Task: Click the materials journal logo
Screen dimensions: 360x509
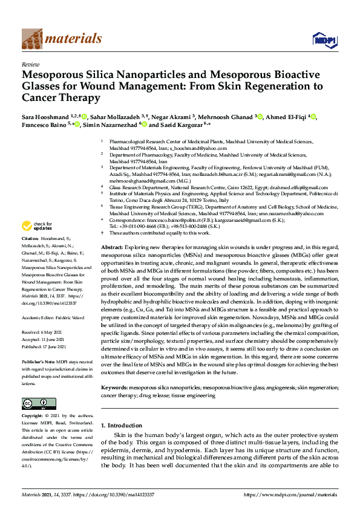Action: pos(61,39)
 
